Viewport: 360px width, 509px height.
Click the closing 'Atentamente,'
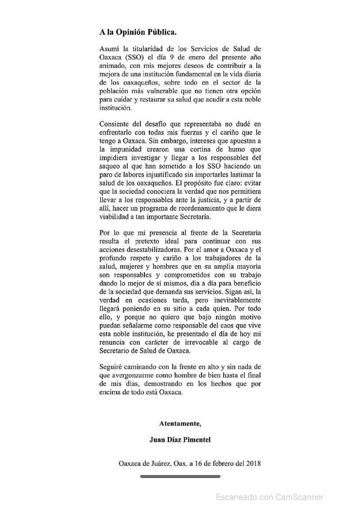[x=180, y=423]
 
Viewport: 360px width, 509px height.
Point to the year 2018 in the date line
[x=253, y=463]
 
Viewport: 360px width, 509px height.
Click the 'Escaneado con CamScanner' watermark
[x=270, y=497]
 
